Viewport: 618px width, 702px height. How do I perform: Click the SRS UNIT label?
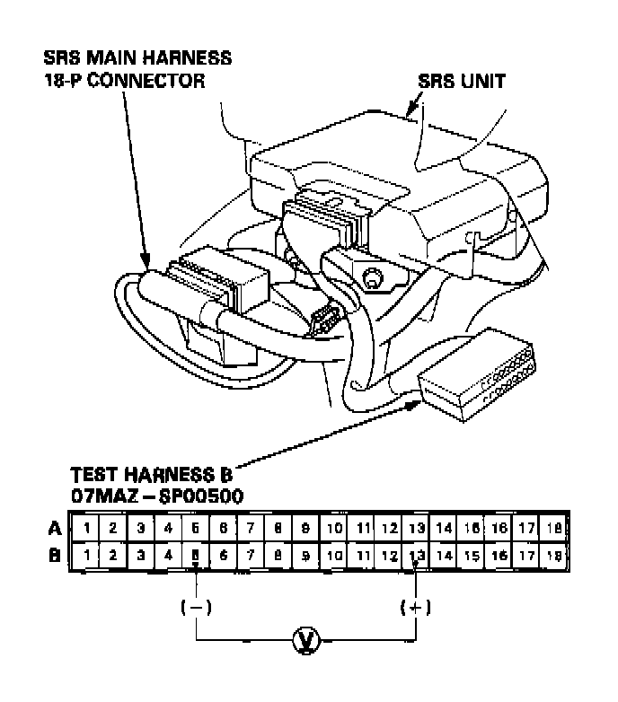pos(462,82)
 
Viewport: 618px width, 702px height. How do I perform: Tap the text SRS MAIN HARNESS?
pos(137,58)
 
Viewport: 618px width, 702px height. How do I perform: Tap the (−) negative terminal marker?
pos(196,607)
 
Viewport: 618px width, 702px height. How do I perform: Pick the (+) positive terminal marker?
pos(415,607)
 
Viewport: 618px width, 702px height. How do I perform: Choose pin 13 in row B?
pos(416,555)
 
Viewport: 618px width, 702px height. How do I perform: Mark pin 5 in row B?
pos(195,555)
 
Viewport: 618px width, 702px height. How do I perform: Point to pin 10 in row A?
pos(333,527)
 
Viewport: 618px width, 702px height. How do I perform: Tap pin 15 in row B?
pos(472,555)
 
